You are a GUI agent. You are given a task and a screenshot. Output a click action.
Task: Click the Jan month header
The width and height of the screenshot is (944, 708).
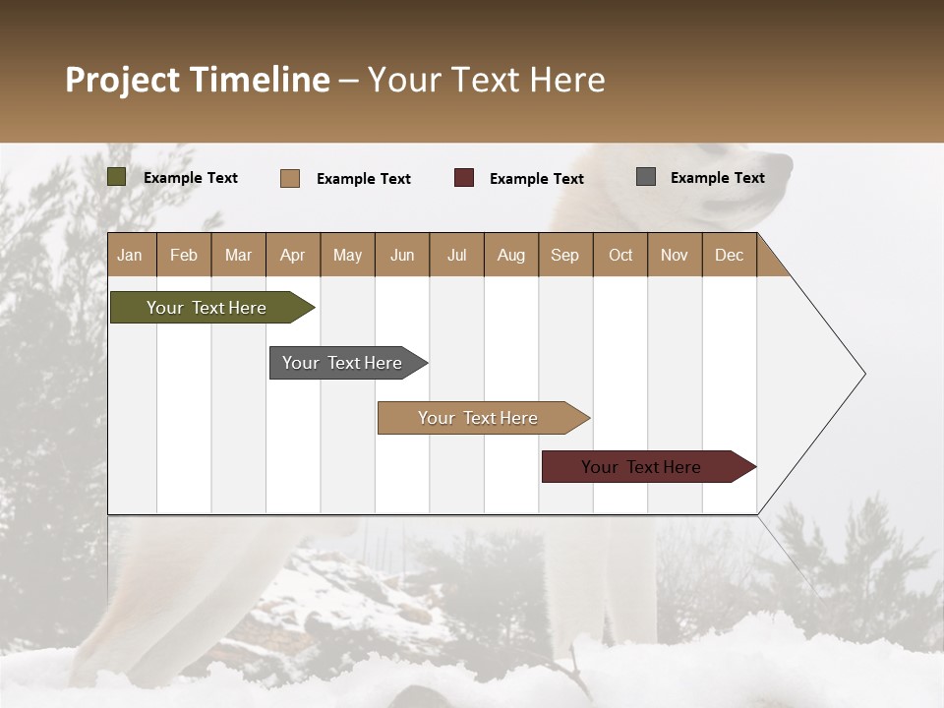130,255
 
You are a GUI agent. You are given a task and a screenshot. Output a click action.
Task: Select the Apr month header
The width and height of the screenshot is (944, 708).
292,255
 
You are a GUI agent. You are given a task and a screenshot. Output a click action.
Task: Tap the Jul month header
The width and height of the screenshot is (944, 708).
456,255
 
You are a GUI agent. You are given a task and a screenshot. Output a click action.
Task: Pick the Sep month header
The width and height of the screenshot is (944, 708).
564,255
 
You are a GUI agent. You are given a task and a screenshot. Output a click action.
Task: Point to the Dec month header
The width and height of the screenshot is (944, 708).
729,255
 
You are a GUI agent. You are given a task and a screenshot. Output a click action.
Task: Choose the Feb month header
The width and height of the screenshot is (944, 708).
184,255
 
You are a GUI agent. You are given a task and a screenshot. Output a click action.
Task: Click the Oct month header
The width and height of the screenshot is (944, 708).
620,255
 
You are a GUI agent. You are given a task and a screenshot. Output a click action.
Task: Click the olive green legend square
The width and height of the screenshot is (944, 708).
116,177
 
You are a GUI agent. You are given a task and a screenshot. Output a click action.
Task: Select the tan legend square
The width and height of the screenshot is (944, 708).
289,178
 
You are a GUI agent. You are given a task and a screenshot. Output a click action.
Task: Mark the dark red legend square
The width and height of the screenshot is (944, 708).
464,178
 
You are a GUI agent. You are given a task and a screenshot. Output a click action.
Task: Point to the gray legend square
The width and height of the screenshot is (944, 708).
646,177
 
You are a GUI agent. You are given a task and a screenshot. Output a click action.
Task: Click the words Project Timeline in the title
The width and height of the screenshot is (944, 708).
198,80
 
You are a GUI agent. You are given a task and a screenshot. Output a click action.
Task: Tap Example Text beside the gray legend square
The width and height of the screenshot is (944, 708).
717,178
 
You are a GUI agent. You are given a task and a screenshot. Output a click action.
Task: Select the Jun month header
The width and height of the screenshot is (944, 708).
402,255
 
